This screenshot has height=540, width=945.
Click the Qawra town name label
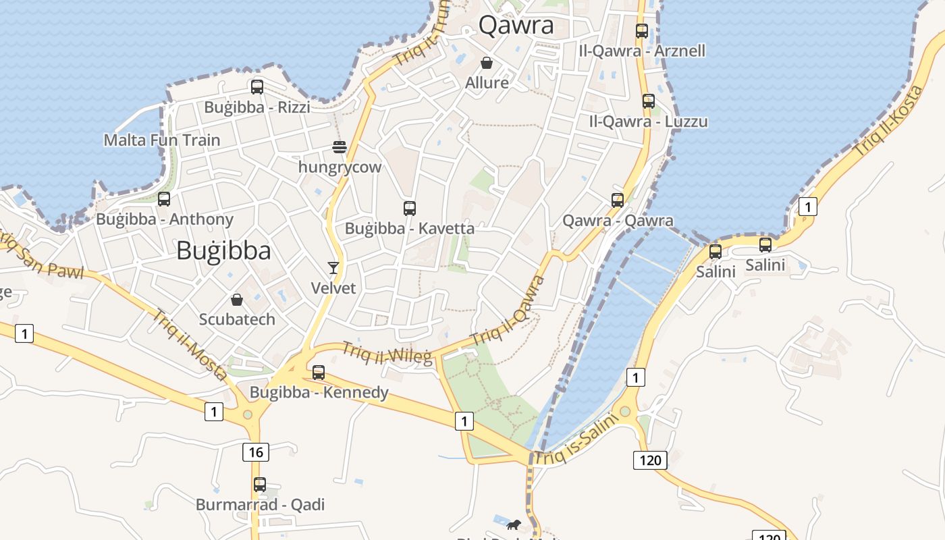coord(516,26)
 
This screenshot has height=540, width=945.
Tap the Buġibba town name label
coord(223,250)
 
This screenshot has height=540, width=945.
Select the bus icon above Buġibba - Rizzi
coord(257,86)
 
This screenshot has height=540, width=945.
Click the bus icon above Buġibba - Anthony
coord(164,199)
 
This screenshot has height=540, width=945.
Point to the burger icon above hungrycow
coord(340,147)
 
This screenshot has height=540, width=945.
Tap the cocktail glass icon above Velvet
coord(333,268)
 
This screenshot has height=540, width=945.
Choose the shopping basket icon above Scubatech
coord(237,299)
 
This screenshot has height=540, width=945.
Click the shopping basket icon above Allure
coord(487,63)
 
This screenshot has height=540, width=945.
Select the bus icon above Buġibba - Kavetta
coord(410,208)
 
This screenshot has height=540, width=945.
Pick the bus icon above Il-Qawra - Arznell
coord(642,30)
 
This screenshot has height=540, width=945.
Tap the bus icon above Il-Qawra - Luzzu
coord(649,101)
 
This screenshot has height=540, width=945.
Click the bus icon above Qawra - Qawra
coord(618,200)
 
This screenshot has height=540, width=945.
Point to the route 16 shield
coord(256,452)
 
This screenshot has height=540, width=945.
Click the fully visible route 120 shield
coord(650,460)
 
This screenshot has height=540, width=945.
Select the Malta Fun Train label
coord(162,140)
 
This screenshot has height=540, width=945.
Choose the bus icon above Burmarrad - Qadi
coord(260,485)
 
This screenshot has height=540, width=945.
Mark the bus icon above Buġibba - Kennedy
coord(319,372)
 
